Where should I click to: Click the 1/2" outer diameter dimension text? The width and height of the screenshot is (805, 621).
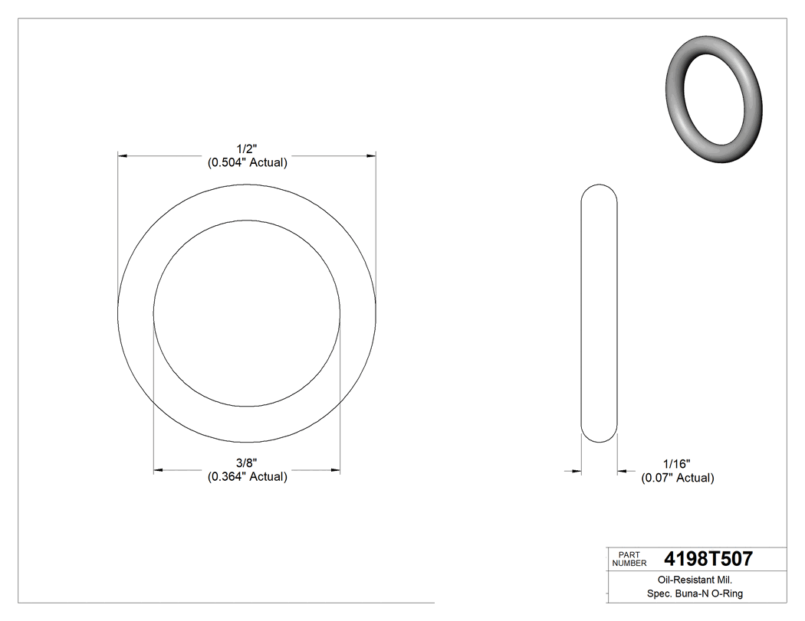247,149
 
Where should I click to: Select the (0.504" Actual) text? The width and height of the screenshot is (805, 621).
247,162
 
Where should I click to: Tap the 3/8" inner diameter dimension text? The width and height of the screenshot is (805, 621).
247,463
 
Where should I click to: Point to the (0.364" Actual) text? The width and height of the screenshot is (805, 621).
247,476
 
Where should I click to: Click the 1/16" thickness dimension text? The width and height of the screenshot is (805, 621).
677,464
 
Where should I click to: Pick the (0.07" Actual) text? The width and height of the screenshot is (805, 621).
677,478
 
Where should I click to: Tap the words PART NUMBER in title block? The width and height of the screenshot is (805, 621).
628,558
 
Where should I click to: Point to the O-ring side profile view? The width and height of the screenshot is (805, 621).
600,313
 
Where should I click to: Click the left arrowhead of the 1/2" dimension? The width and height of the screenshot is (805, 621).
123,155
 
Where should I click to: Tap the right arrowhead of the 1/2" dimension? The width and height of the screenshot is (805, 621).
371,155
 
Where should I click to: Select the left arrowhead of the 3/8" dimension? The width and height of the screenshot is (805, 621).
159,469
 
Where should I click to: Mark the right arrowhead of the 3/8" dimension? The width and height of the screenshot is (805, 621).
335,469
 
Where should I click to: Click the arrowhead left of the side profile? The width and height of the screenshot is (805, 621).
577,471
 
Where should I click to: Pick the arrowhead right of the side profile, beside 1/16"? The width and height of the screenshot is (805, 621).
623,471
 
